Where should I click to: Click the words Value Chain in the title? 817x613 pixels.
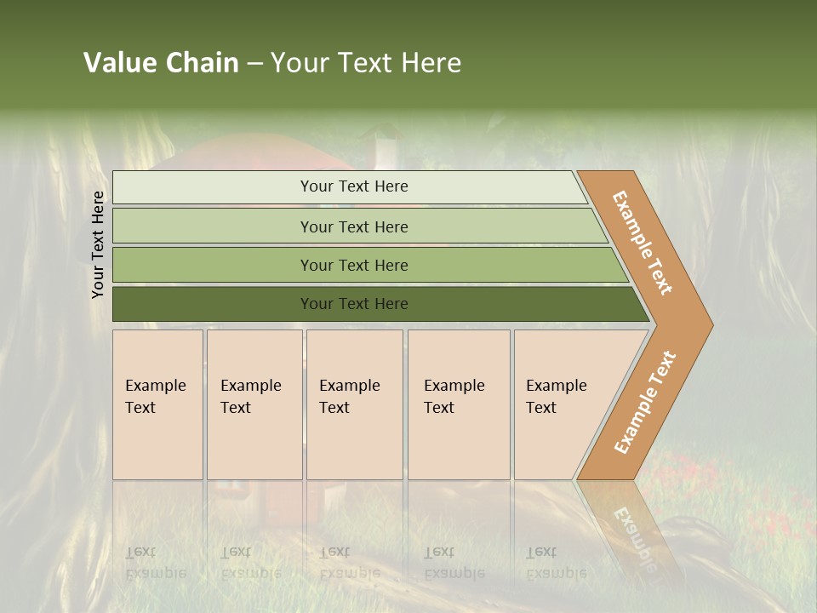click(161, 63)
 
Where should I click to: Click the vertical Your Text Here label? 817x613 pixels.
click(98, 244)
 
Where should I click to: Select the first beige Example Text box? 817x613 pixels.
click(157, 404)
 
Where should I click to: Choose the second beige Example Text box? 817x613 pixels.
click(254, 404)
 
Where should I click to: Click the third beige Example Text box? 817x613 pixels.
click(353, 404)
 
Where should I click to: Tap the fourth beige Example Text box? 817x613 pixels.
click(458, 404)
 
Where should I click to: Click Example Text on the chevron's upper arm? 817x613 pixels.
click(643, 243)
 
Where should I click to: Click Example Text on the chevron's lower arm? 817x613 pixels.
click(645, 403)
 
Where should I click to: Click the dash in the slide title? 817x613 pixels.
click(254, 64)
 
